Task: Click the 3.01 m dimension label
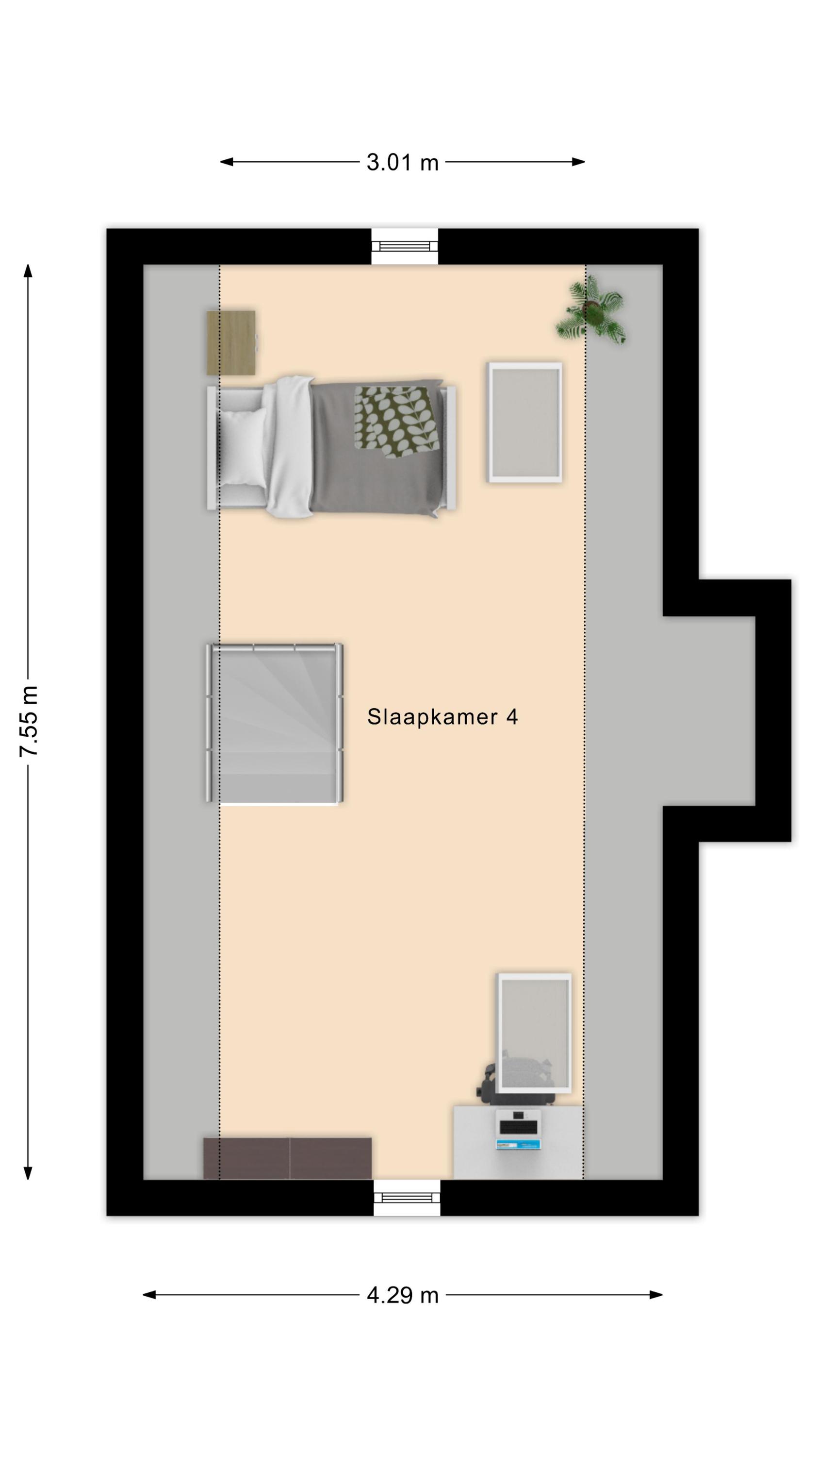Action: pyautogui.click(x=402, y=162)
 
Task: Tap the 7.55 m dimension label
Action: pyautogui.click(x=29, y=721)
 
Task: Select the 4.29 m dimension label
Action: pyautogui.click(x=402, y=1295)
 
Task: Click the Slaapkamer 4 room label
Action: pyautogui.click(x=442, y=717)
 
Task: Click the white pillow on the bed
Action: pyautogui.click(x=243, y=447)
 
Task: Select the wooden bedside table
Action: pyautogui.click(x=231, y=342)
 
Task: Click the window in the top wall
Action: pyautogui.click(x=405, y=246)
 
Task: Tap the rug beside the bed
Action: pyautogui.click(x=525, y=423)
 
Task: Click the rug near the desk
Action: pyautogui.click(x=534, y=1034)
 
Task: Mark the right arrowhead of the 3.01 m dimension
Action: pyautogui.click(x=578, y=162)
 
